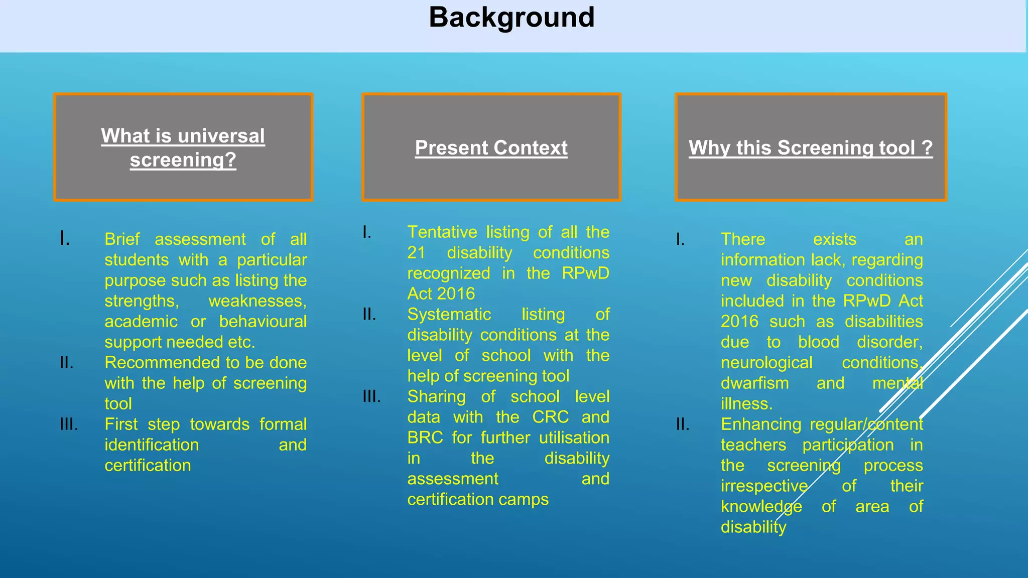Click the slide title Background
pos(511,18)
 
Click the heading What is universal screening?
pos(183,148)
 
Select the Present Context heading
pos(491,148)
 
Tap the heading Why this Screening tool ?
pos(810,148)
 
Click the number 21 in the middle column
pos(416,253)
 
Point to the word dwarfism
pos(754,383)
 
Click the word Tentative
pos(442,232)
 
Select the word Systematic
pos(449,315)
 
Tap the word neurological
pos(766,363)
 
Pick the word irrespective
pos(764,486)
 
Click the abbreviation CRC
pos(550,417)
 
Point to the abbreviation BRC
pos(425,438)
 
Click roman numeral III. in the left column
pos(69,424)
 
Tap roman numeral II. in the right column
pos(682,424)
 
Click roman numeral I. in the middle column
pos(367,232)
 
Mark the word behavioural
pos(263,322)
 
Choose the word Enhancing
pos(760,424)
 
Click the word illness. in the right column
pos(746,404)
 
